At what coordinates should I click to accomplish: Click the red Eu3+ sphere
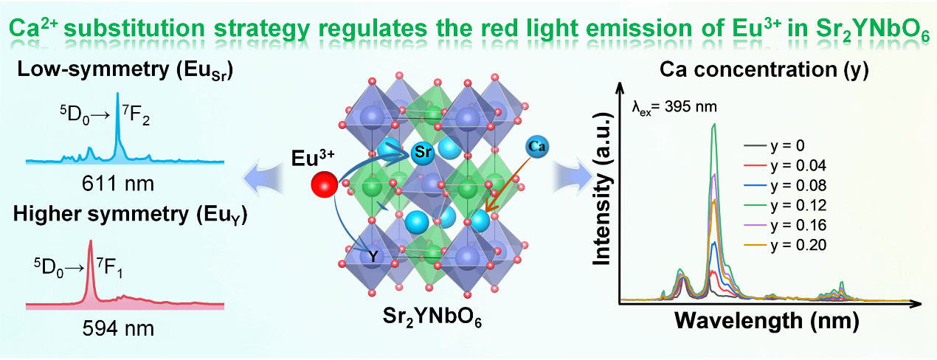[x=324, y=184]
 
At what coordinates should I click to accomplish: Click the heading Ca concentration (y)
[x=763, y=72]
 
